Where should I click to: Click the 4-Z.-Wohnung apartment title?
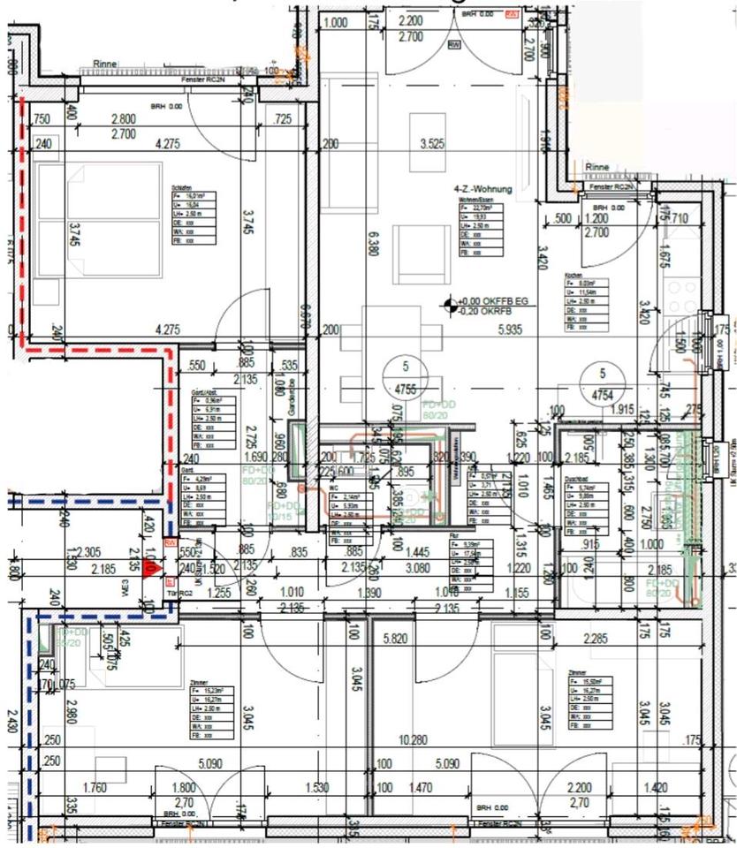pos(482,189)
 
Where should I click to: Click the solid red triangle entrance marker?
pos(151,570)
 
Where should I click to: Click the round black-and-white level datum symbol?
pos(453,306)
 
